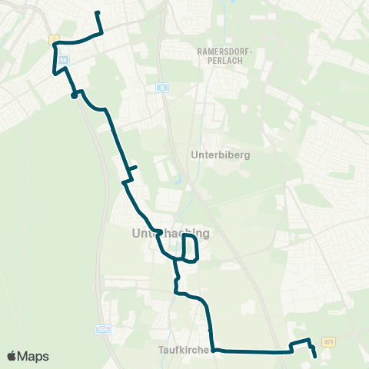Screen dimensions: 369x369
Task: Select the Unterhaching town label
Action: coord(171,233)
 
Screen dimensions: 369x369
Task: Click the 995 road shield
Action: coord(103,329)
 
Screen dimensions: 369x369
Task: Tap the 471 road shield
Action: coord(329,341)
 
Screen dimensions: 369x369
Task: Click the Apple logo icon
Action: coord(12,356)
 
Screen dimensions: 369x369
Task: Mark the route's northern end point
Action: coord(97,13)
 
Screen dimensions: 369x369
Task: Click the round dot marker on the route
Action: coord(74,95)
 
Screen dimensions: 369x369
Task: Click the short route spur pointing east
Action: coord(133,167)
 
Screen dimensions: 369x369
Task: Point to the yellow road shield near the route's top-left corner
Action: coord(54,38)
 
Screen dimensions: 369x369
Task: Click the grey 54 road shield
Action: coord(63,58)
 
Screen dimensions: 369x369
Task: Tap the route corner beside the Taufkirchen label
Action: coord(212,349)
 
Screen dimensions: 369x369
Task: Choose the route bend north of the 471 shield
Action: coord(308,340)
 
